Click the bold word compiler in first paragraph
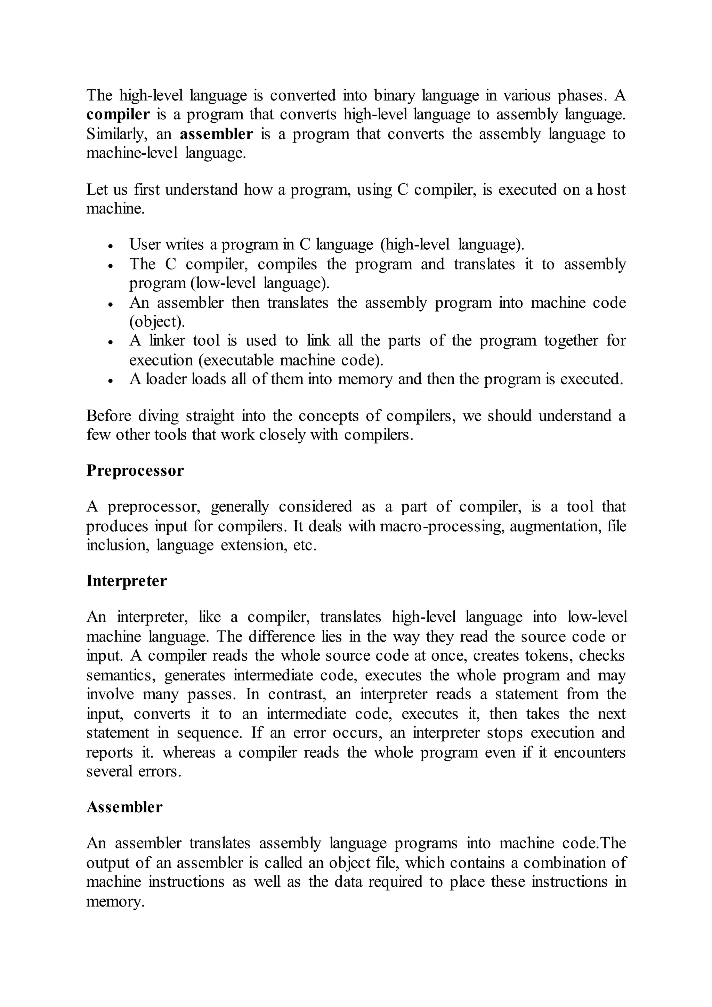coord(118,114)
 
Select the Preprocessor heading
coord(135,470)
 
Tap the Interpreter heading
coord(126,581)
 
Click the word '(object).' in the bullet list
coord(157,322)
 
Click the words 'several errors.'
coord(134,772)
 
